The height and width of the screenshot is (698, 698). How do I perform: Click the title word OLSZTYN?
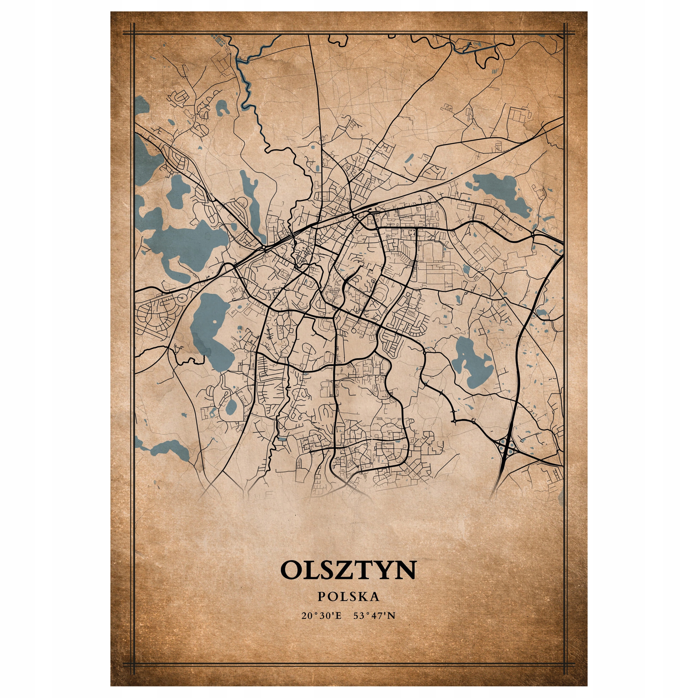(348, 570)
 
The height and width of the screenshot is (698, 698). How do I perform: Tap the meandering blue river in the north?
(249, 90)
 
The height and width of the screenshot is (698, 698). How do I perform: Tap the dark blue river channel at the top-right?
(470, 49)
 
